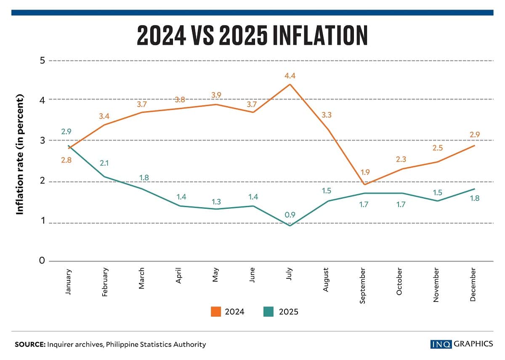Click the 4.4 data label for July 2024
[x=290, y=76]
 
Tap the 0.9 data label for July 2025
[x=290, y=215]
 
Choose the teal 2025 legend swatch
[x=268, y=312]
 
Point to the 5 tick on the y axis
[x=42, y=61]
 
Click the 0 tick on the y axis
[x=42, y=261]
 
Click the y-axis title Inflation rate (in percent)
[x=19, y=155]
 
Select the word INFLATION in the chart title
[x=320, y=36]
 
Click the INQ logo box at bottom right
[x=441, y=344]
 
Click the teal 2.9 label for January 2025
[x=66, y=132]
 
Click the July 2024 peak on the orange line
[x=290, y=84]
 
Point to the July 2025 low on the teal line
[x=290, y=226]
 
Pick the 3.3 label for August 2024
[x=327, y=114]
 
